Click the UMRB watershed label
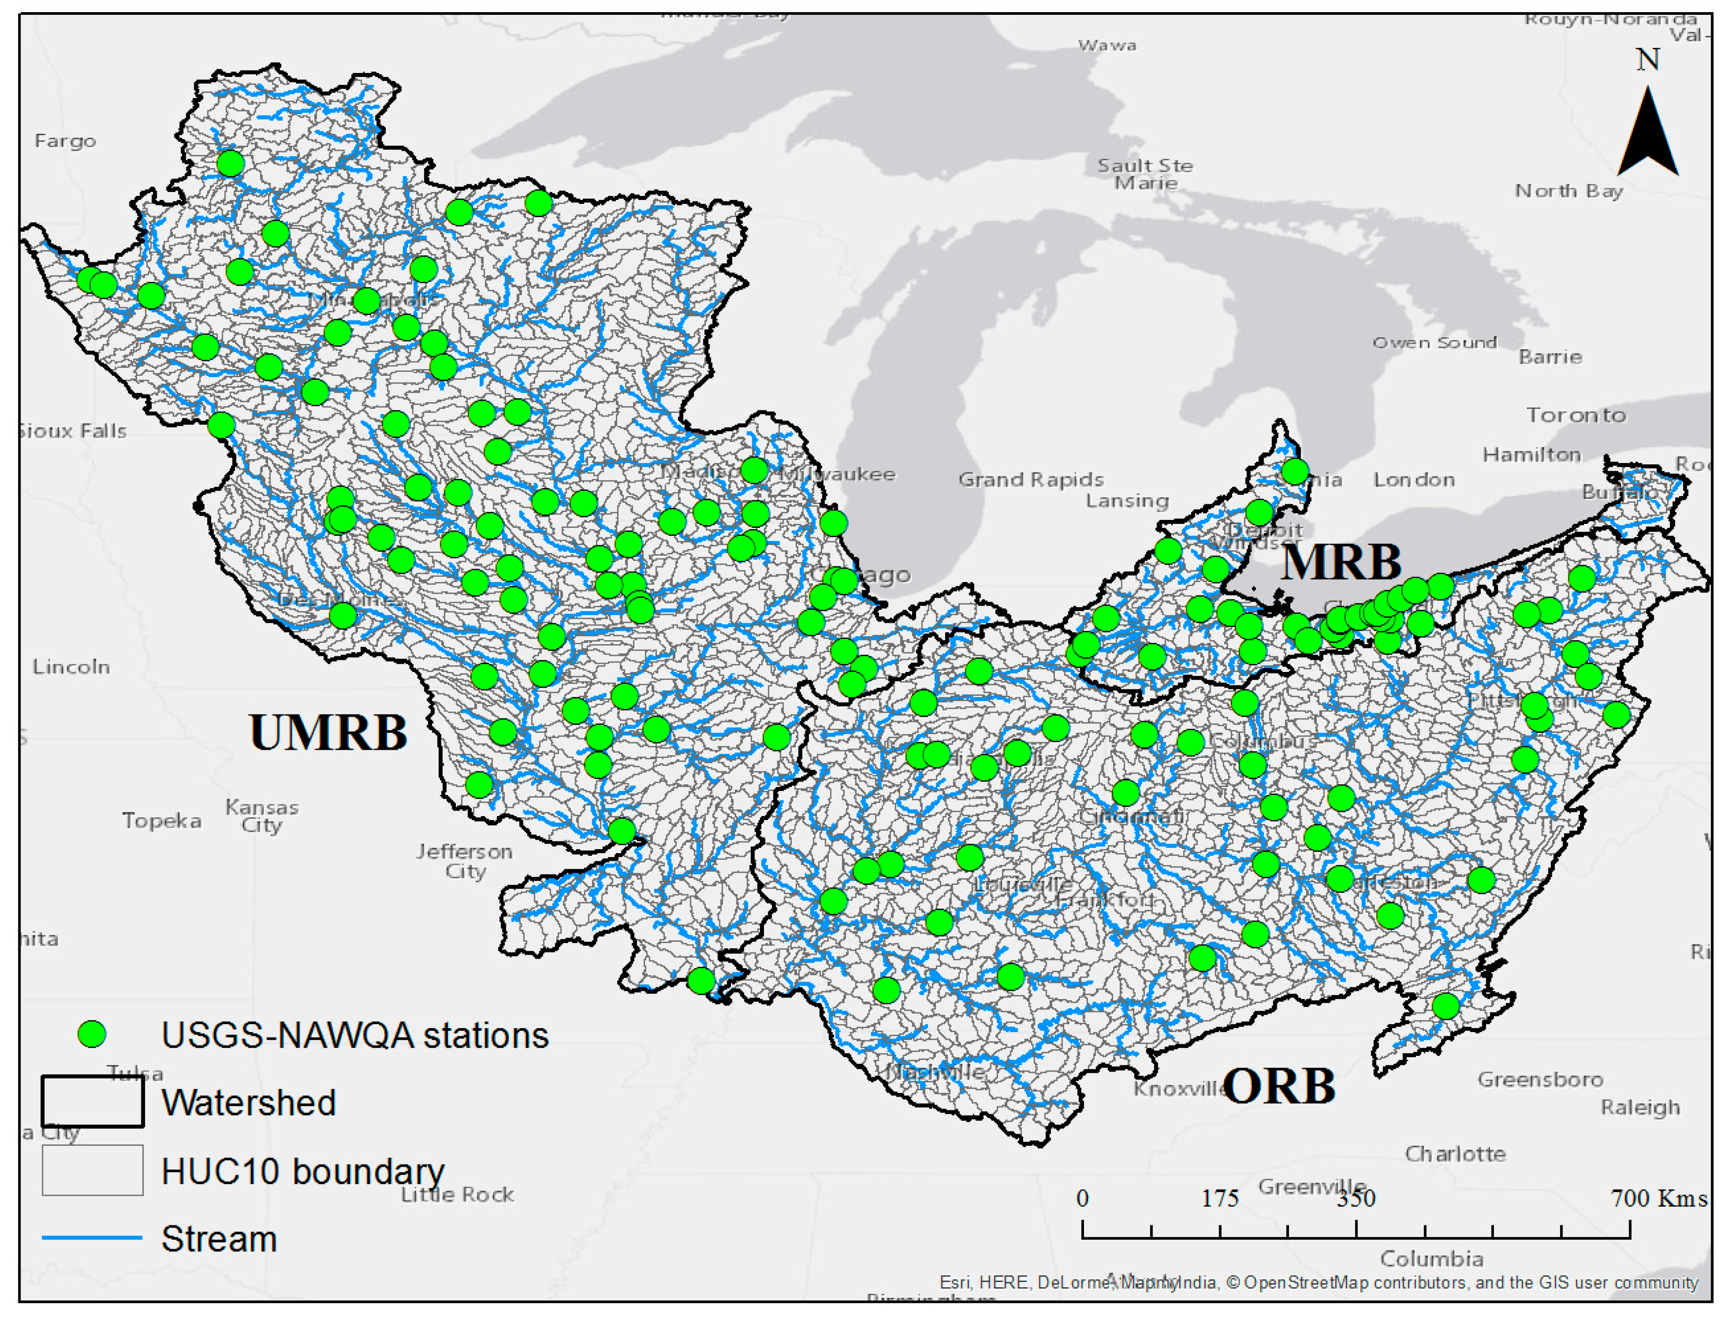[x=328, y=733]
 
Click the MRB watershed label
[x=1340, y=562]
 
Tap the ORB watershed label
[x=1279, y=1087]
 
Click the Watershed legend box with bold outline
[x=93, y=1101]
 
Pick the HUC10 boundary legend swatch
[x=93, y=1170]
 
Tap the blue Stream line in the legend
[x=93, y=1238]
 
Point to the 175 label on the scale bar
[x=1220, y=1199]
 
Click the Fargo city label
[x=65, y=141]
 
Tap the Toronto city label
[x=1576, y=415]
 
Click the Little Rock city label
[x=457, y=1195]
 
